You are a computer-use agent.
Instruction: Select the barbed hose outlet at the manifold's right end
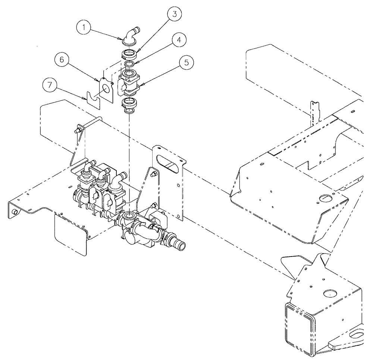179,245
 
